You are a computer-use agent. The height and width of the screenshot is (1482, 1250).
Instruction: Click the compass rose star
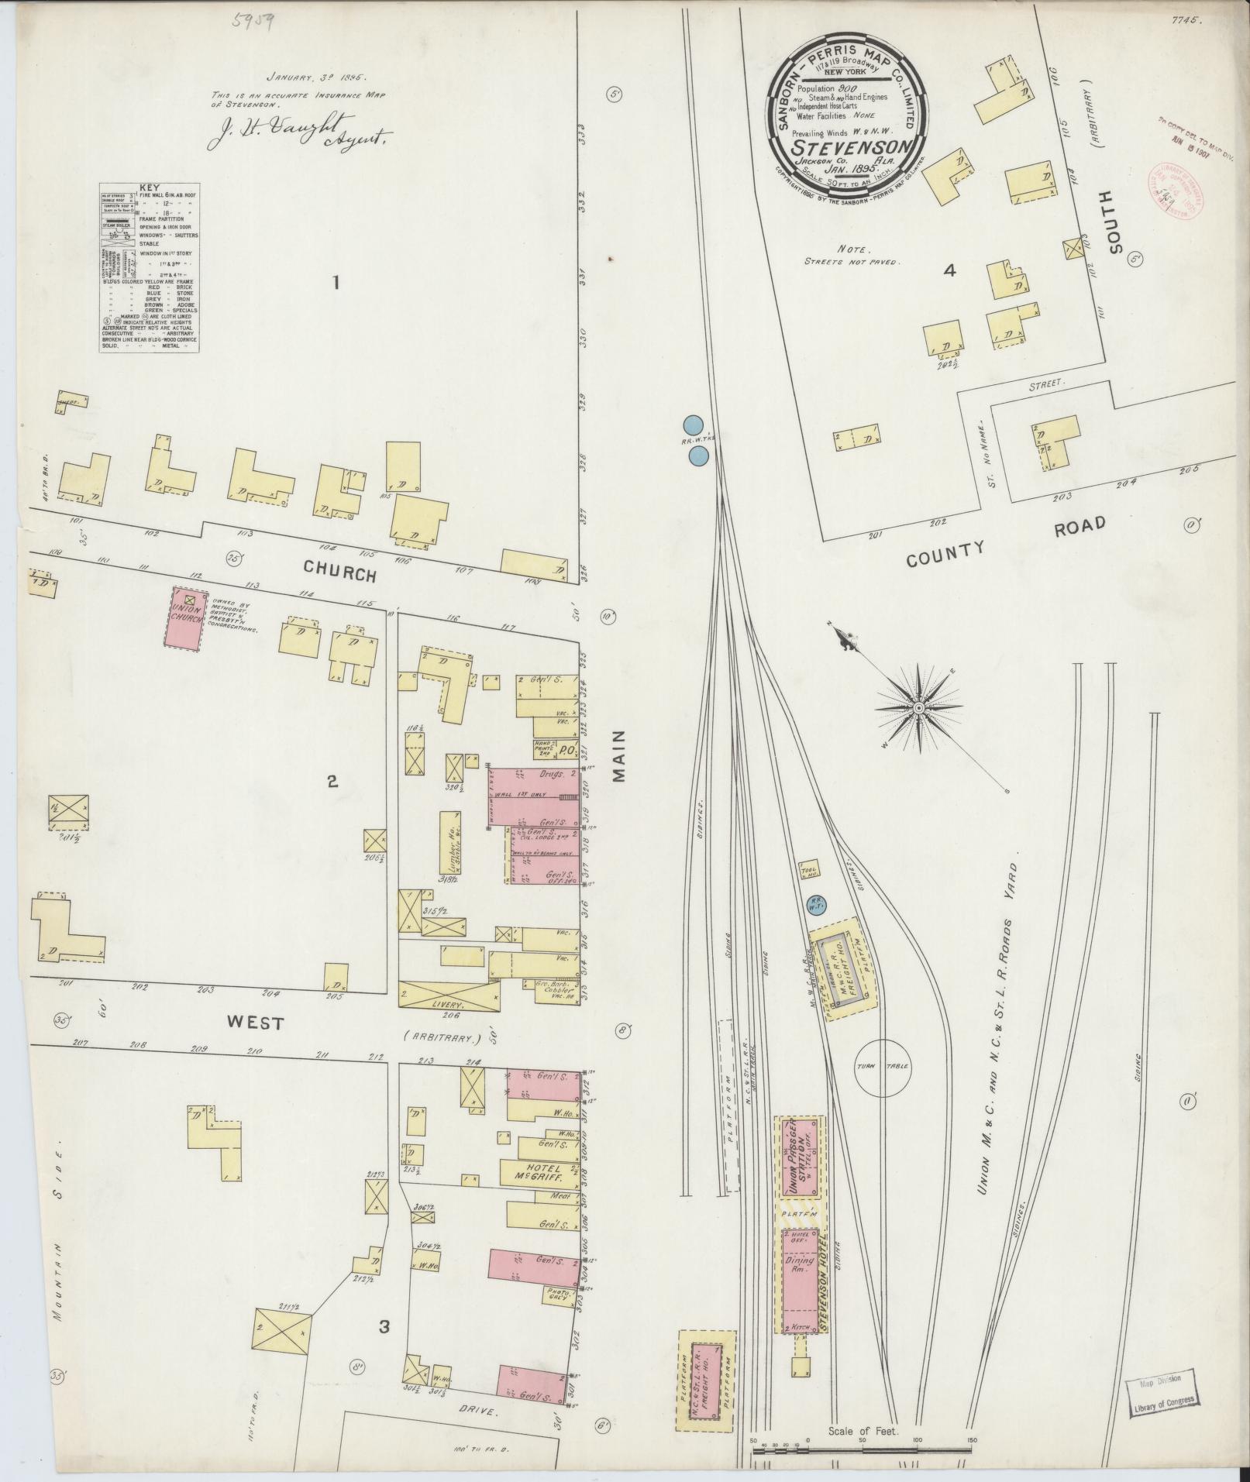(918, 707)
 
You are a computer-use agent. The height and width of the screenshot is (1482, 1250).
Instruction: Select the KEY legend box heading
(149, 187)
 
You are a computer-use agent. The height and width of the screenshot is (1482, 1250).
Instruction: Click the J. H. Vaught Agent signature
(301, 137)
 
